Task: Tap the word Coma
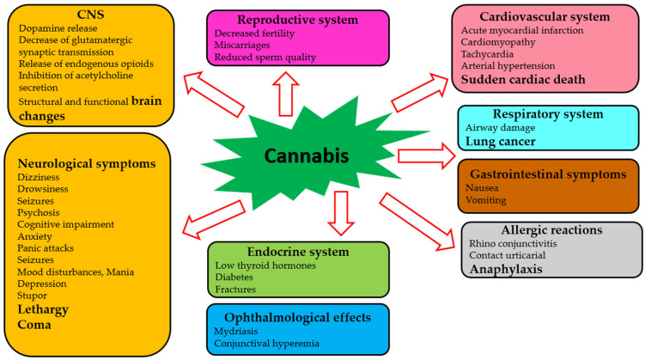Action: (37, 325)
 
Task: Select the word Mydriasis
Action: (237, 330)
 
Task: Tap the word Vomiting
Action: (486, 200)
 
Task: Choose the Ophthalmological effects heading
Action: (297, 315)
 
